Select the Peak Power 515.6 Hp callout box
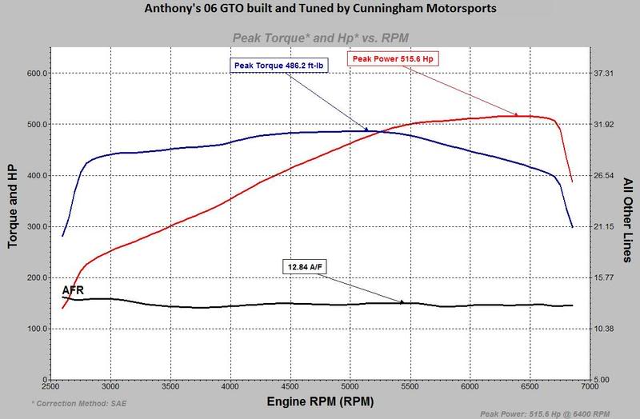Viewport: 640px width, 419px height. point(394,58)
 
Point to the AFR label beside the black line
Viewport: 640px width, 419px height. point(73,289)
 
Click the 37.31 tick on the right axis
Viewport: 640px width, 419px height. point(605,74)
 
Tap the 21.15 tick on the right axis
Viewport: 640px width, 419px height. point(605,227)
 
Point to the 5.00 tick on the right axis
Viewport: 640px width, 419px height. point(603,380)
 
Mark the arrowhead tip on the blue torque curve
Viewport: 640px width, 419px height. point(368,130)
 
